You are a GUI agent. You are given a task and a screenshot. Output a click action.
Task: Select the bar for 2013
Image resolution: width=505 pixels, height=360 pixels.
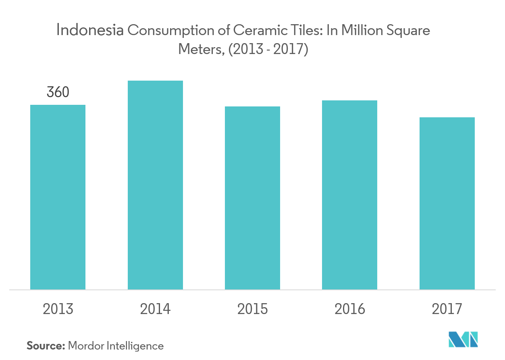tap(58, 197)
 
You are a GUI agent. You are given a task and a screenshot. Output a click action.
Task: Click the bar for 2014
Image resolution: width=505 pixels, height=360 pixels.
tap(155, 185)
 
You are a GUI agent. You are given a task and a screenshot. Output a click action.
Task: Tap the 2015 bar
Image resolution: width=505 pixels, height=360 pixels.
tap(252, 198)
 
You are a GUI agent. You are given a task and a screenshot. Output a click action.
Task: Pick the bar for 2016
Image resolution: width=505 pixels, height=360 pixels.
tap(349, 195)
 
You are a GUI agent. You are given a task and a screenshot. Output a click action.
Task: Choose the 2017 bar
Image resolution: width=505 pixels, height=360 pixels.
tap(447, 203)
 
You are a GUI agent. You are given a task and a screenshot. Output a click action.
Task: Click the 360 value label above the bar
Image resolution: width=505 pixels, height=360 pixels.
tap(58, 92)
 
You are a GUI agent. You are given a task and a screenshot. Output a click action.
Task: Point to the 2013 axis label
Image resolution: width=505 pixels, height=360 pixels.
tap(58, 309)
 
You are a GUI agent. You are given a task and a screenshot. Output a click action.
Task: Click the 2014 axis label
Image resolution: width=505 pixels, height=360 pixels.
tap(155, 309)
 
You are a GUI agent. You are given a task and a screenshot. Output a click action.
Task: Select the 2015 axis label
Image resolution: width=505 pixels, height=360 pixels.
tap(252, 309)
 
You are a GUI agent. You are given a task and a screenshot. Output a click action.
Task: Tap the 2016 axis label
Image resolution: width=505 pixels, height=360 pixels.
tap(349, 309)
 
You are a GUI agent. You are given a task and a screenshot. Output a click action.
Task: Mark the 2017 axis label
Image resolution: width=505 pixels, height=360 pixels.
tap(447, 309)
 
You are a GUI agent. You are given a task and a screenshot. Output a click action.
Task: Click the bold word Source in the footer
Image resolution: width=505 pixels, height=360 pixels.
tap(46, 345)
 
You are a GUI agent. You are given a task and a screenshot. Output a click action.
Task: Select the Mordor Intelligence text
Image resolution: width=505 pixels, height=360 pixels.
tap(116, 346)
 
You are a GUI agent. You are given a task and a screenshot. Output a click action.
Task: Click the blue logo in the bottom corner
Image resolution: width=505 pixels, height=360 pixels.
tap(464, 339)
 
